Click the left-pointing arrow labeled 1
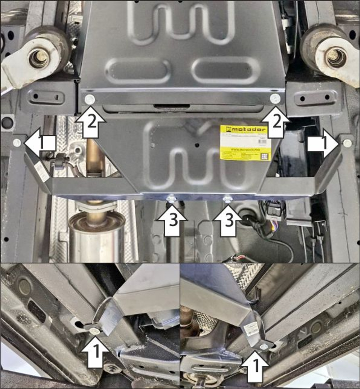coord(40,144)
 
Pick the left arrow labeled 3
coord(173,220)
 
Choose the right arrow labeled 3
coord(228,220)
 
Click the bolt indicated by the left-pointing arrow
coord(17,143)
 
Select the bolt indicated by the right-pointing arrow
coord(347,143)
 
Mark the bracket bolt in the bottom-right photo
coord(264,347)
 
